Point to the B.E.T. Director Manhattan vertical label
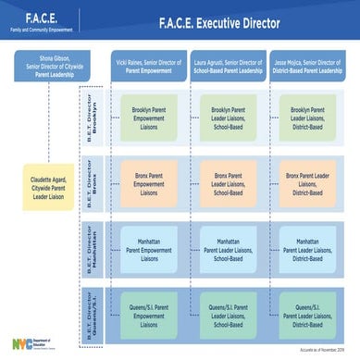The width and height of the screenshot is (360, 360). (x=93, y=246)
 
